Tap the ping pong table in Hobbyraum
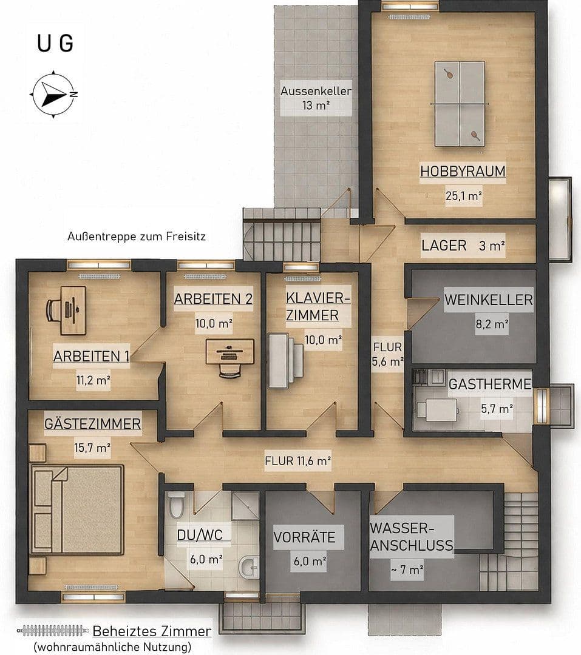point(460,104)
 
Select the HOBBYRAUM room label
point(463,171)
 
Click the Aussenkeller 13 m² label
point(316,98)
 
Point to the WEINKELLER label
point(489,300)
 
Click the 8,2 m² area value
point(492,324)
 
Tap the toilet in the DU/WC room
point(176,504)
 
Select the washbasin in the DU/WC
point(248,566)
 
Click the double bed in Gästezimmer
point(77,509)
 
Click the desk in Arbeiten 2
point(229,351)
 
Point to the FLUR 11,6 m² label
point(298,461)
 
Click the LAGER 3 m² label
point(463,246)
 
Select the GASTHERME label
point(490,384)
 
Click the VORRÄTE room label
point(305,537)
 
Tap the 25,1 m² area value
point(463,195)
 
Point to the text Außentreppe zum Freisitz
point(137,237)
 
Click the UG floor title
point(55,43)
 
